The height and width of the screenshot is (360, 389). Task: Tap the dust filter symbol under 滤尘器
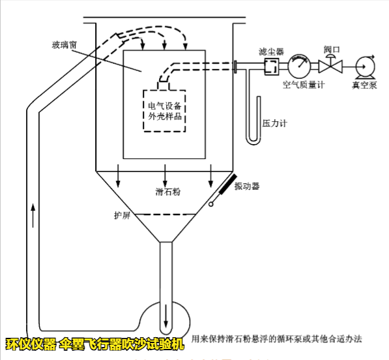pyautogui.click(x=271, y=65)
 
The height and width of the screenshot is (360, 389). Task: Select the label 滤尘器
pyautogui.click(x=270, y=50)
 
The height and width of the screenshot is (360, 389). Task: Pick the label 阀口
pyautogui.click(x=332, y=50)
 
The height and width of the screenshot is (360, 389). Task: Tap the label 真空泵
pyautogui.click(x=364, y=85)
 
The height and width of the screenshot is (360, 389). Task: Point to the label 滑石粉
pyautogui.click(x=167, y=191)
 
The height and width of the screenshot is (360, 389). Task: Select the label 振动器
pyautogui.click(x=247, y=186)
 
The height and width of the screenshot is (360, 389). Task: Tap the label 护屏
pyautogui.click(x=122, y=215)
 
